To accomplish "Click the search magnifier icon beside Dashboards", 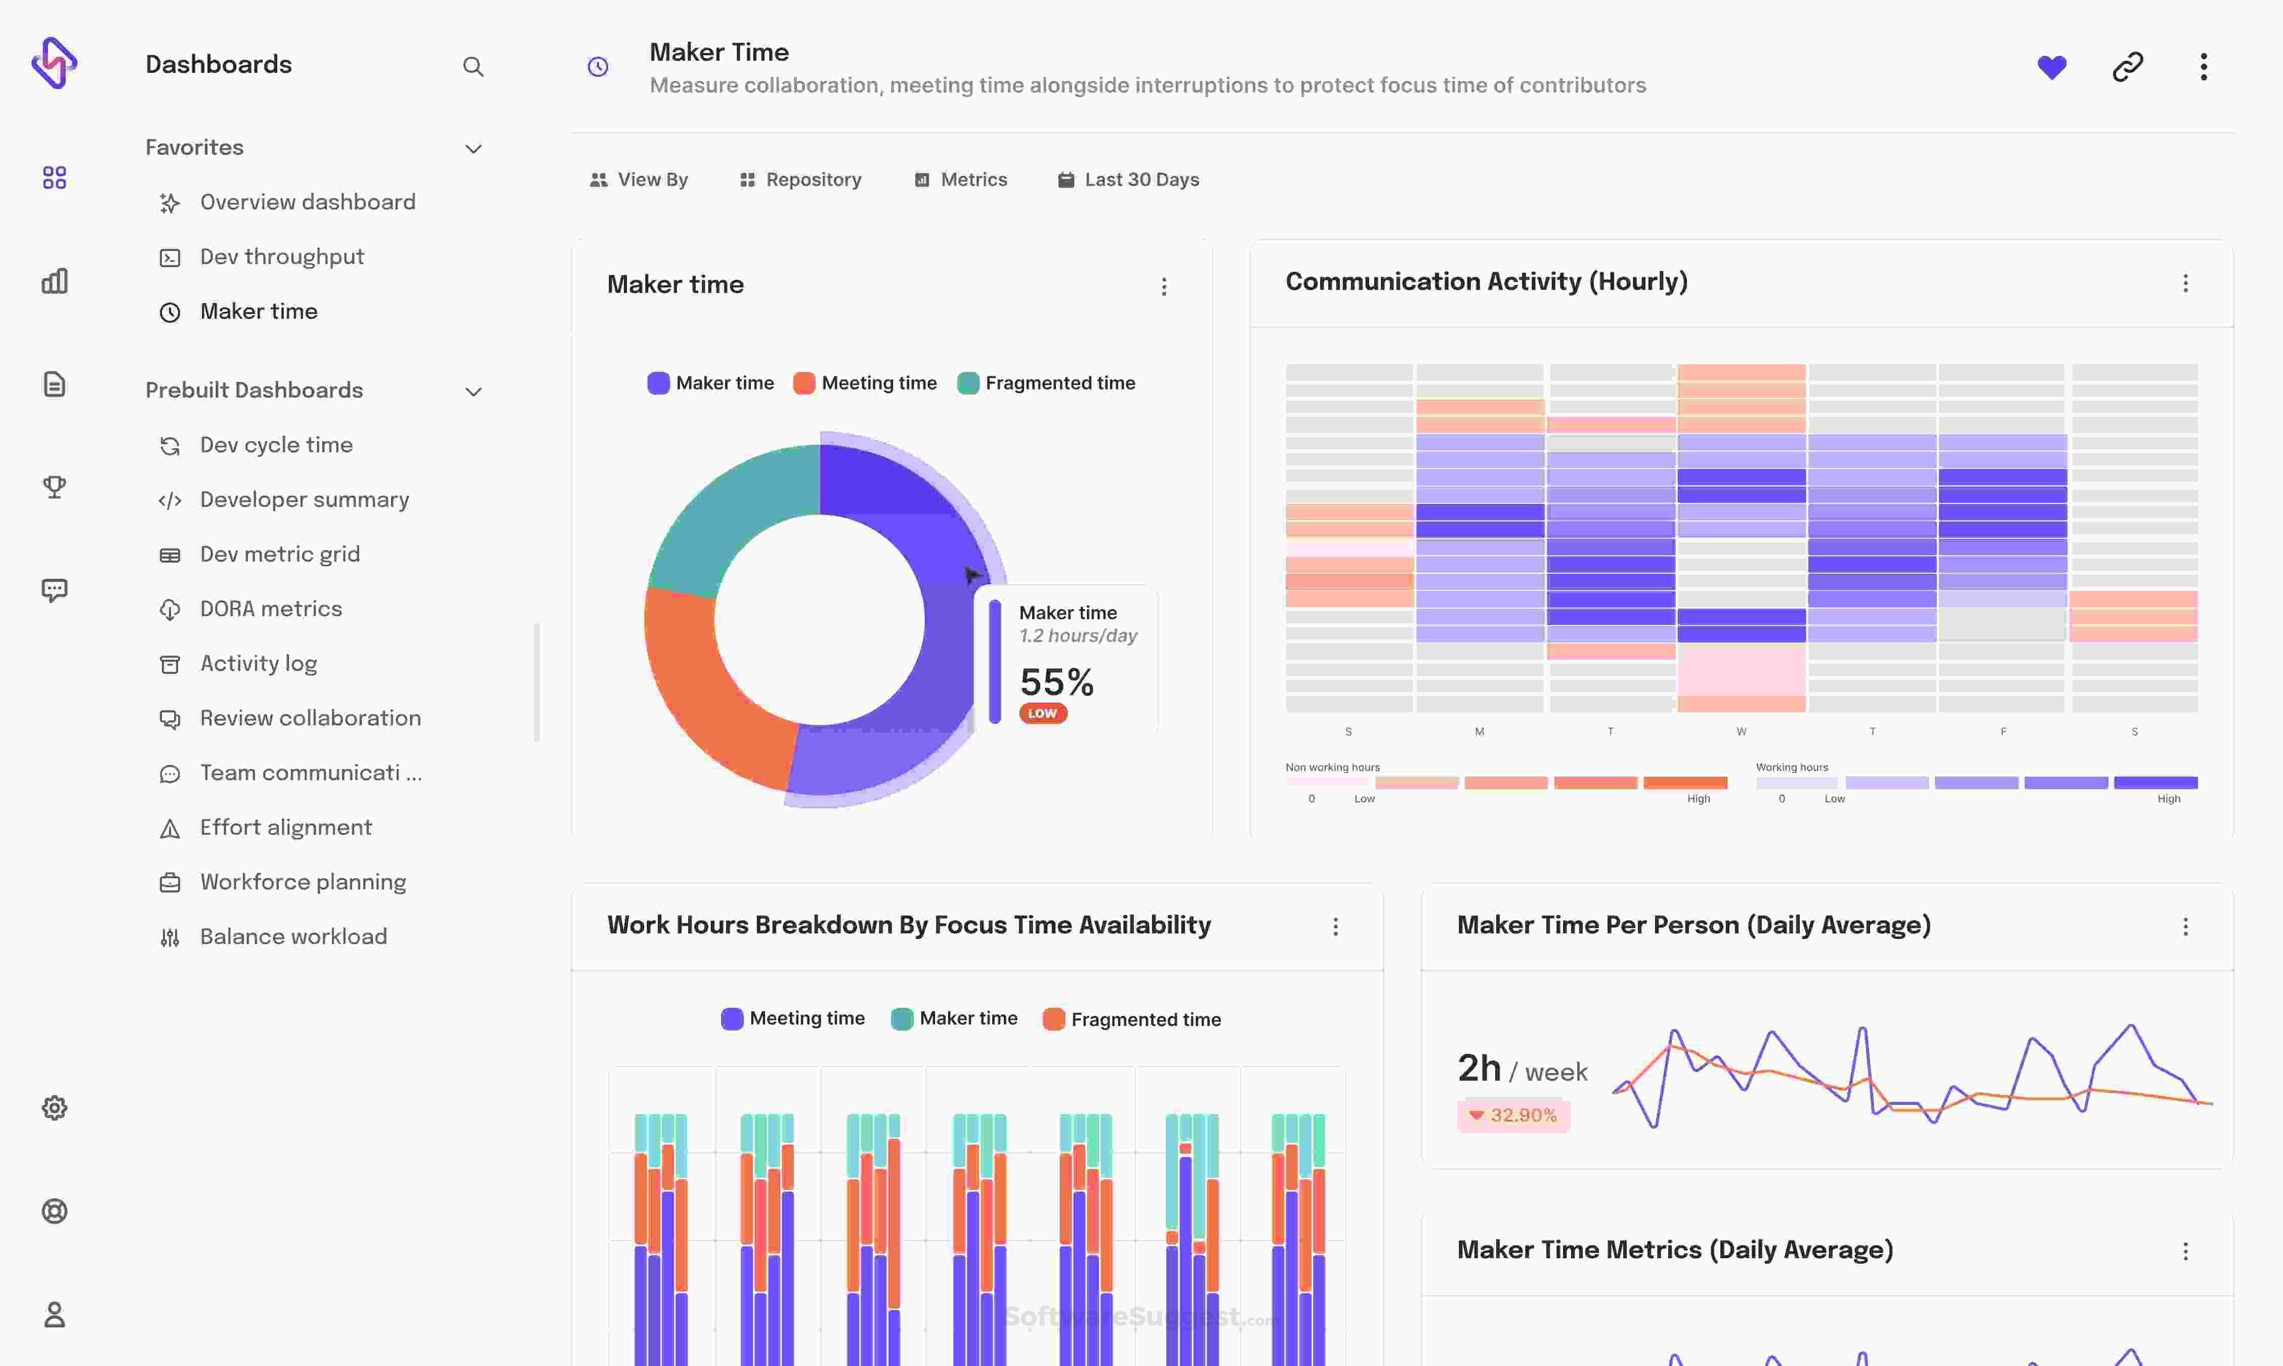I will [473, 66].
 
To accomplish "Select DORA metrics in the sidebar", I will [271, 609].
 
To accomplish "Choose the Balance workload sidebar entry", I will [293, 936].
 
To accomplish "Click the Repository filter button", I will [801, 180].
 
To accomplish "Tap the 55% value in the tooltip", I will [1056, 682].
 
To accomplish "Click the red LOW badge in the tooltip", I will [1042, 713].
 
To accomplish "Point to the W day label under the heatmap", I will [1741, 732].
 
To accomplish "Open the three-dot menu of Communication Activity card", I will [2184, 283].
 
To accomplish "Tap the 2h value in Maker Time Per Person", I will [1478, 1068].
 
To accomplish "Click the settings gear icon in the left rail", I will [54, 1107].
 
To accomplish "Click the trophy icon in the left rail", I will [54, 486].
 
